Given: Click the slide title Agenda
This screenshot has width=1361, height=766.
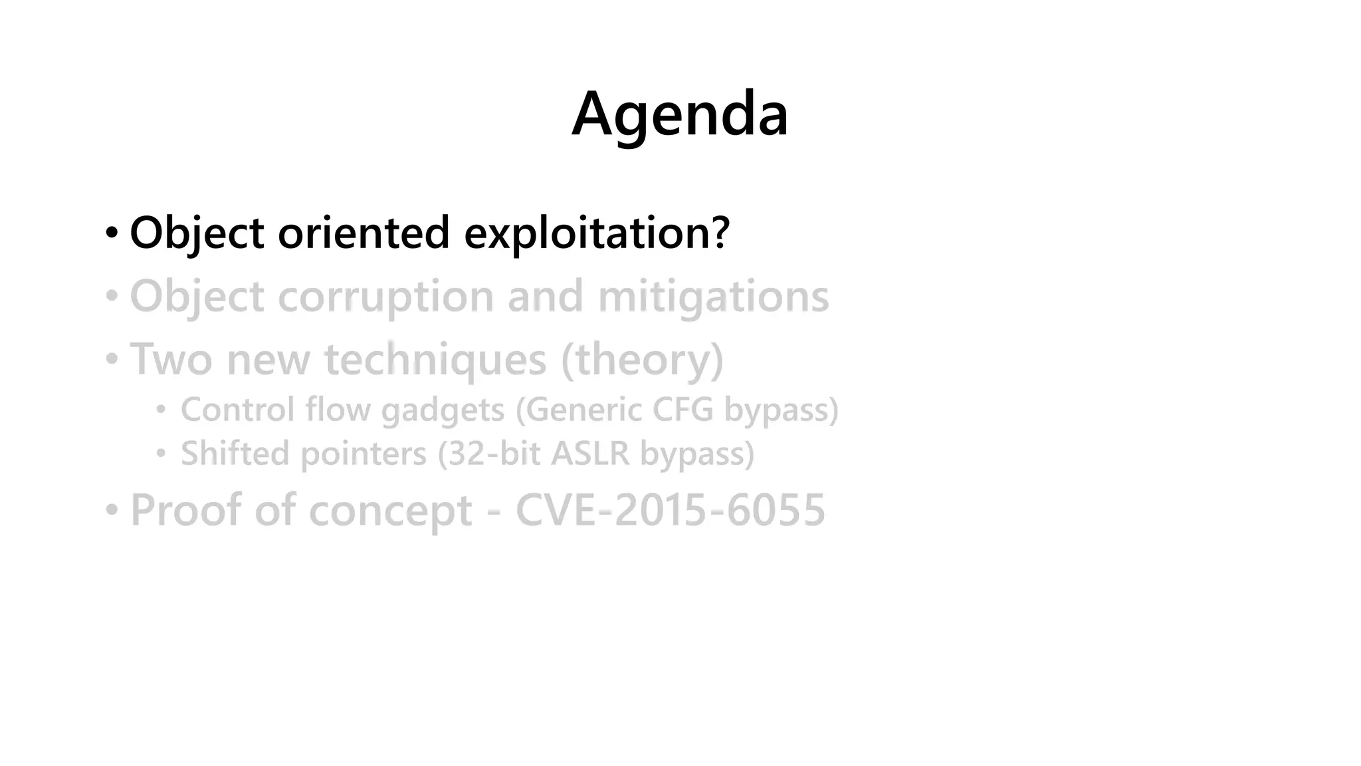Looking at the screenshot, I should pyautogui.click(x=680, y=114).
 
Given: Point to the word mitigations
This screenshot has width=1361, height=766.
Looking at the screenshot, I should pyautogui.click(x=713, y=297).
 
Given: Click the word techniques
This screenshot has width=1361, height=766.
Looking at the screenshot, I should pyautogui.click(x=435, y=360).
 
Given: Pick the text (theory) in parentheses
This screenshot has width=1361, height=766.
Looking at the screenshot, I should pyautogui.click(x=642, y=360).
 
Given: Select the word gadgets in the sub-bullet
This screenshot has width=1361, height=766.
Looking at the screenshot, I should pyautogui.click(x=443, y=410).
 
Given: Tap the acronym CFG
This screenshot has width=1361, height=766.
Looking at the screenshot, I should pyautogui.click(x=682, y=410).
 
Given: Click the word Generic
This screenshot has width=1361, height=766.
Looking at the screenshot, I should pyautogui.click(x=578, y=410).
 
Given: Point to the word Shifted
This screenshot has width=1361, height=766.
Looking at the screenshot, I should pyautogui.click(x=236, y=454).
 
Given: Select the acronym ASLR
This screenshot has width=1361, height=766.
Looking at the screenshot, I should pyautogui.click(x=589, y=454).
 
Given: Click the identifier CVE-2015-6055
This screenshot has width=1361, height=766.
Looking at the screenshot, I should pyautogui.click(x=670, y=511).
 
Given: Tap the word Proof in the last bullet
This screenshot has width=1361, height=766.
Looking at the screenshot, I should pyautogui.click(x=185, y=511).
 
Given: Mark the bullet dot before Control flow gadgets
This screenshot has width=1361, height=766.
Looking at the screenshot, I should pyautogui.click(x=161, y=410).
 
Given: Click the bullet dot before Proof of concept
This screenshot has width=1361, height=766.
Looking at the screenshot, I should pyautogui.click(x=112, y=510).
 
